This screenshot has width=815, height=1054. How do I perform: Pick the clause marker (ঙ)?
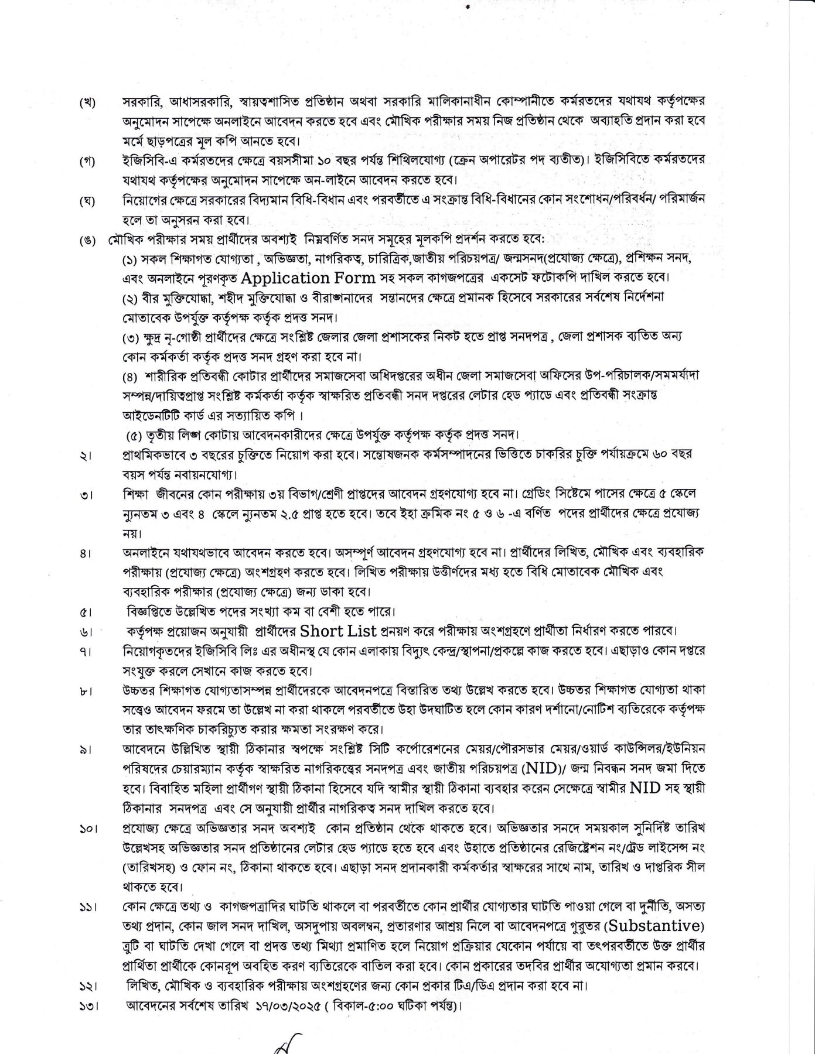[x=88, y=241]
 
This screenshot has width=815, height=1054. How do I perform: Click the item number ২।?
[x=87, y=457]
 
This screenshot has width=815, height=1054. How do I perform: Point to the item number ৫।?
[x=87, y=613]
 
